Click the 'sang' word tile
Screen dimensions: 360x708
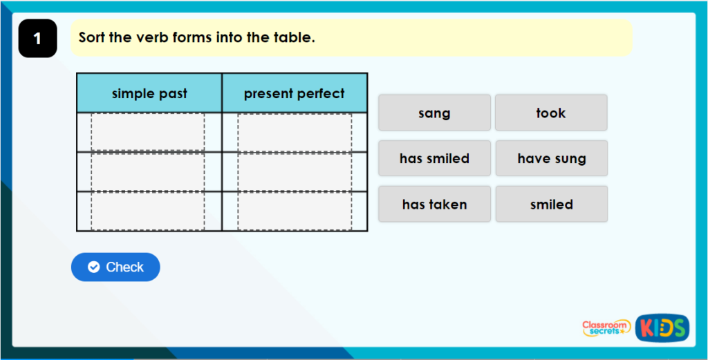point(434,113)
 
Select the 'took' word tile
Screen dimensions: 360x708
point(551,113)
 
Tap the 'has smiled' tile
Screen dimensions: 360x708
point(434,158)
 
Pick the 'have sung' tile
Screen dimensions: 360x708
point(551,158)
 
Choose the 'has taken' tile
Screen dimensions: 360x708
point(434,204)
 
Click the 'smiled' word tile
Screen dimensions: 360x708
point(551,204)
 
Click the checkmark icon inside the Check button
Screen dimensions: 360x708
point(94,267)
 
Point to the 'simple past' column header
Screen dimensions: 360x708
point(149,94)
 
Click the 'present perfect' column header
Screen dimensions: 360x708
point(294,94)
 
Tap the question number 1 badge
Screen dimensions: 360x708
point(37,39)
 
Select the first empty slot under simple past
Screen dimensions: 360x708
point(148,132)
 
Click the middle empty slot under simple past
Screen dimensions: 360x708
point(148,171)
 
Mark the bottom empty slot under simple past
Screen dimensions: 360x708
point(148,211)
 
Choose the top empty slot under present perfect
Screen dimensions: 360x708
point(295,132)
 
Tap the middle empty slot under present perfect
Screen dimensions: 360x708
point(295,171)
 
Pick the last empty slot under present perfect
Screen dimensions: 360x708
point(295,211)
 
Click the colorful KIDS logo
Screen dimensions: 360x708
point(662,328)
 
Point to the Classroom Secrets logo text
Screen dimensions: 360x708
point(606,328)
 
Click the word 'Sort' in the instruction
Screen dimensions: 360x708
point(92,37)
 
